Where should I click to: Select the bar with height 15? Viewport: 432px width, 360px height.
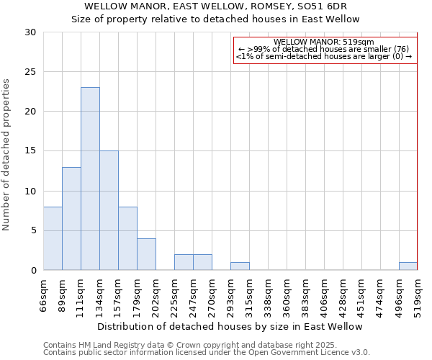click(109, 210)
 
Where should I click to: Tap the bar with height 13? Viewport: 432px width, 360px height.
click(71, 218)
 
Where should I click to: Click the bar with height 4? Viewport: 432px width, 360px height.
click(146, 254)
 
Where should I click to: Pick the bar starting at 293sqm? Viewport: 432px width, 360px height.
click(240, 266)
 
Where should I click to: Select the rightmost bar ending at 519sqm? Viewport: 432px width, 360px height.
click(408, 266)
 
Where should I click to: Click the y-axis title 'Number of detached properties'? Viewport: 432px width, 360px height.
click(6, 154)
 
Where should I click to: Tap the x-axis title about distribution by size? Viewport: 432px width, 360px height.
click(230, 326)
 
